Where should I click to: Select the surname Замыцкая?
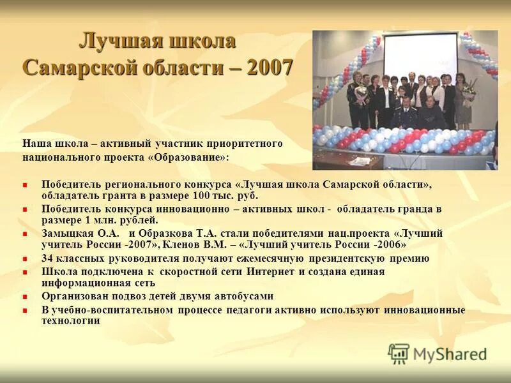pos(68,233)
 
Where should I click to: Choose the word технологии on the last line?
pos(70,320)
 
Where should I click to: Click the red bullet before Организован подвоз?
pos(26,297)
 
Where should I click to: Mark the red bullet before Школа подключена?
pos(26,272)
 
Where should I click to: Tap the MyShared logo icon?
pos(399,353)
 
